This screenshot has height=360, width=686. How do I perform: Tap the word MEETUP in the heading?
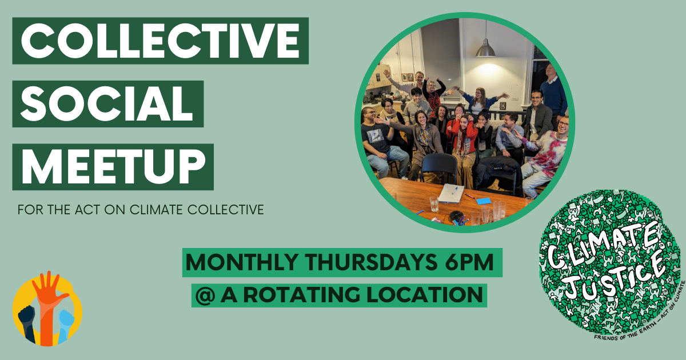click(x=113, y=166)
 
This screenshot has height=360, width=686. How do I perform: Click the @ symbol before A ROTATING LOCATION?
click(x=203, y=295)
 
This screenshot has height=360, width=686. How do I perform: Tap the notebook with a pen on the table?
click(x=451, y=193)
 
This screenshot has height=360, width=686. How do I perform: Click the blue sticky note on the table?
click(x=484, y=201)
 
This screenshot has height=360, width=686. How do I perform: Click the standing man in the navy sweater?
click(x=553, y=91)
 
